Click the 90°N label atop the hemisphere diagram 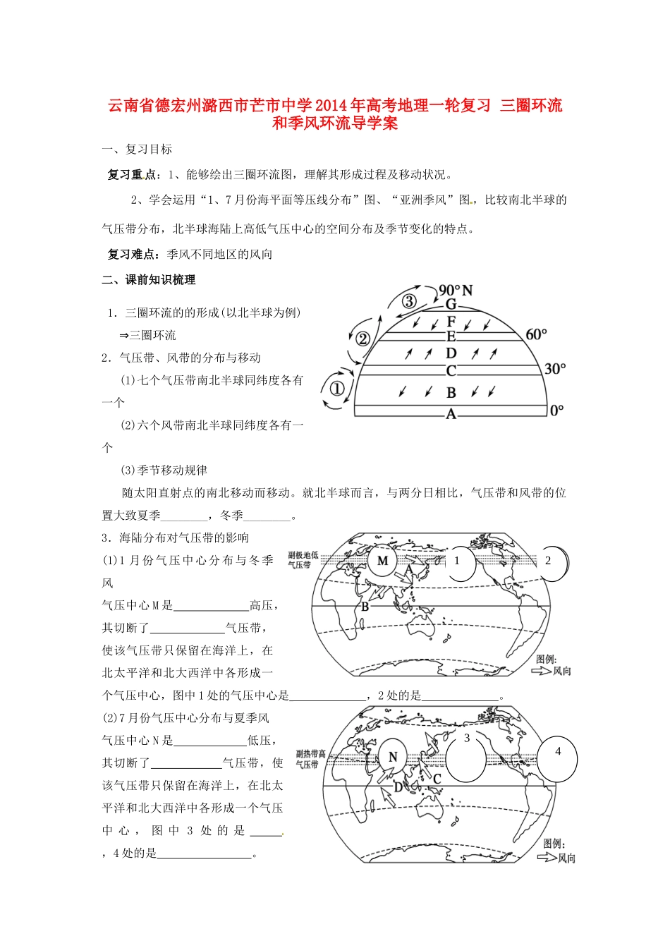[456, 291]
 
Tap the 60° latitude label [536, 334]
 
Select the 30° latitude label [555, 369]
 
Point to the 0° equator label [556, 410]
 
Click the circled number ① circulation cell [336, 389]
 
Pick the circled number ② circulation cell [363, 339]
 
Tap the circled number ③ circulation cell [409, 301]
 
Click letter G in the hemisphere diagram [451, 305]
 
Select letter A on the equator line [451, 415]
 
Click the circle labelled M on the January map [383, 561]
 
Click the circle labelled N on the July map [393, 758]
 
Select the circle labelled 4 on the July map [557, 760]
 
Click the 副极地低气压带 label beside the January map [303, 560]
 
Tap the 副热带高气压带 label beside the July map [310, 759]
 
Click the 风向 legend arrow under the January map [542, 671]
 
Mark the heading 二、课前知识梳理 [149, 280]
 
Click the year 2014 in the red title [331, 106]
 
